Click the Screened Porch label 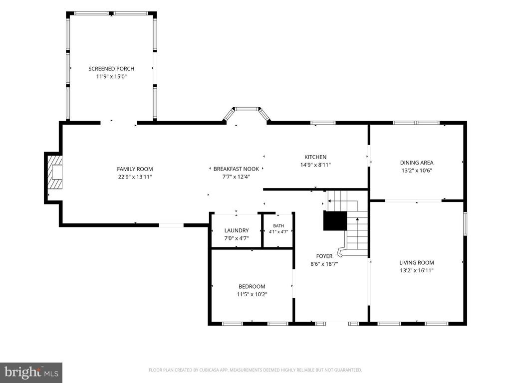111,69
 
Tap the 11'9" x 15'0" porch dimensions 111,76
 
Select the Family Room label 135,169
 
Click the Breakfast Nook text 236,169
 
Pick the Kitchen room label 315,157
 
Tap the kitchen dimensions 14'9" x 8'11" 315,165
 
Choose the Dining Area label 417,163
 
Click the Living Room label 417,262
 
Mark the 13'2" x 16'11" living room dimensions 417,270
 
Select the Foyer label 324,256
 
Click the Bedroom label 252,287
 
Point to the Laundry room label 237,230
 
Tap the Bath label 278,226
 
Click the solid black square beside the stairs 335,221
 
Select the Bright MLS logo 31,373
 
